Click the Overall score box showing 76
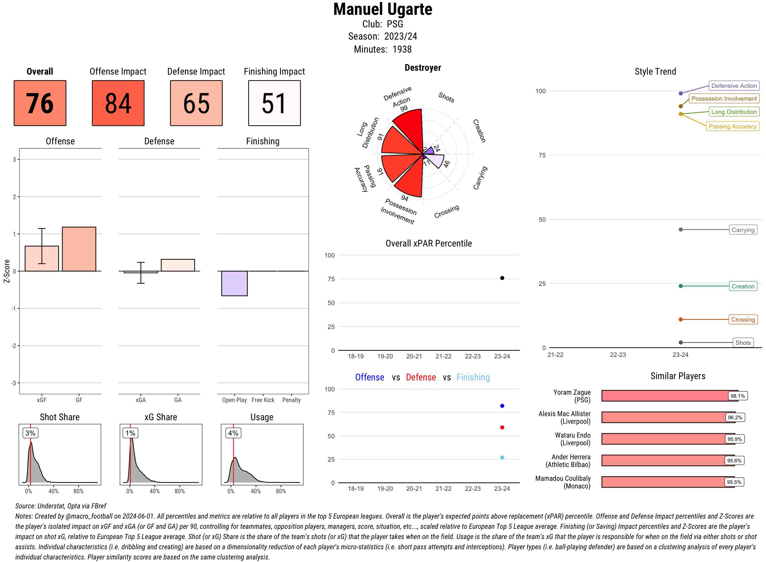pos(40,103)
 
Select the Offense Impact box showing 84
pos(118,103)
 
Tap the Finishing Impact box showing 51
pos(274,103)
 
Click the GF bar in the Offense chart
pos(79,249)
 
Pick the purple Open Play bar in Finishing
pos(234,283)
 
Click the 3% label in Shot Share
pos(30,433)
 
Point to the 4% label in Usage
pos(233,433)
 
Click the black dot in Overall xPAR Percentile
pos(502,278)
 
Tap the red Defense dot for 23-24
pos(502,427)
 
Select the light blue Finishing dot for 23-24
pos(502,458)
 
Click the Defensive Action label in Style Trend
pos(734,86)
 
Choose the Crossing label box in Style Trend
pos(743,319)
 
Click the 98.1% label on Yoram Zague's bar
pos(737,396)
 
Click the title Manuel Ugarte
pos(382,9)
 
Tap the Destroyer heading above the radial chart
pos(423,68)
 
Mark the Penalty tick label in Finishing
pos(291,400)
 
